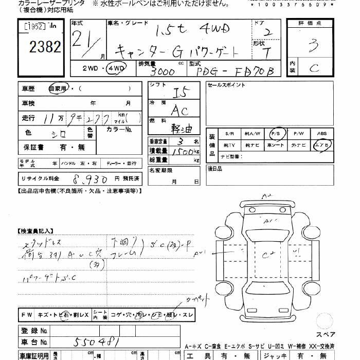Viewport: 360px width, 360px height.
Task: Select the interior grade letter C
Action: coord(314,67)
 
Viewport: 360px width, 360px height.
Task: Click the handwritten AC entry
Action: coord(179,110)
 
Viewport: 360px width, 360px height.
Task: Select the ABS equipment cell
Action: coord(322,133)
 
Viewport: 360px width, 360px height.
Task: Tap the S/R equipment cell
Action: coord(229,133)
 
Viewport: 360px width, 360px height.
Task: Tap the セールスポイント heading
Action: coord(226,85)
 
